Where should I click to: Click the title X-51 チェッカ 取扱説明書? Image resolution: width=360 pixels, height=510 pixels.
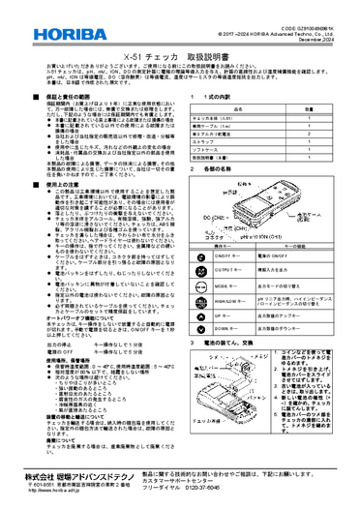click(x=180, y=58)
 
